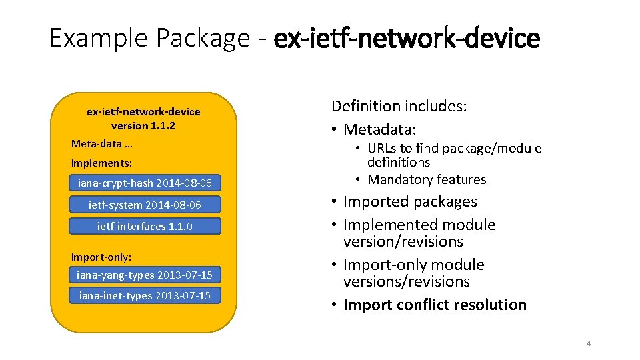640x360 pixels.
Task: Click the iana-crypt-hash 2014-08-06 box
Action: (145, 183)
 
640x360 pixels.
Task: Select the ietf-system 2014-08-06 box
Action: (145, 205)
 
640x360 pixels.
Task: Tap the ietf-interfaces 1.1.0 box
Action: (145, 226)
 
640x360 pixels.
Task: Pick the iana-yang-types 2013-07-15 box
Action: (145, 275)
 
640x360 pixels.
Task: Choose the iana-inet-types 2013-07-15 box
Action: (145, 295)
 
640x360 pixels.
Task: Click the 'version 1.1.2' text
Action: (143, 125)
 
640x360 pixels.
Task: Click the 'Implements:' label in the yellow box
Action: (101, 163)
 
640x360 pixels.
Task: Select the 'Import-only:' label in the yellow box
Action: (101, 256)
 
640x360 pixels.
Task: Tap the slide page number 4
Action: (589, 343)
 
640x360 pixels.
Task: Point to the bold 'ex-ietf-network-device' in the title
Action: (407, 39)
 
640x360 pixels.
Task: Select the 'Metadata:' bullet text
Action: (379, 129)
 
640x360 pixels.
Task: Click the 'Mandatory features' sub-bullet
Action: (427, 179)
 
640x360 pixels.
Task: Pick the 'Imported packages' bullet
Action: (410, 201)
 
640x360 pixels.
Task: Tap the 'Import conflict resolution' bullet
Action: (435, 305)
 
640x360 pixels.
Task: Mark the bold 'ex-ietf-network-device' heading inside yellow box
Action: (143, 111)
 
